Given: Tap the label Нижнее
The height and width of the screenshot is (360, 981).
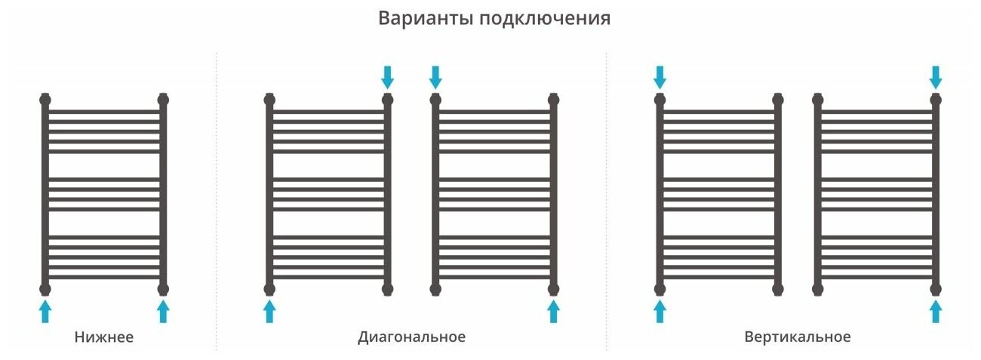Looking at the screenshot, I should [104, 337].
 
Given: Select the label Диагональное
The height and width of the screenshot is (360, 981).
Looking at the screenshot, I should [411, 337].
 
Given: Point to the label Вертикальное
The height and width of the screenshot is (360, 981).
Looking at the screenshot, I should [798, 337].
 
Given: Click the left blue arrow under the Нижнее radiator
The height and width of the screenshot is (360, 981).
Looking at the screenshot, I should [45, 310].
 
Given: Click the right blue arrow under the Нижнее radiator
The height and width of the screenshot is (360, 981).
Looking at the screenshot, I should [163, 310].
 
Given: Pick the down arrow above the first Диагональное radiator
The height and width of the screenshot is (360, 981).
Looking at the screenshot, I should [388, 76].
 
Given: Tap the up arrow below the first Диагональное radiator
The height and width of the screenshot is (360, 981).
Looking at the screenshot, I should [269, 310].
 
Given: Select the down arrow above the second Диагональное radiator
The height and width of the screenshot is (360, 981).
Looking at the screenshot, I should [435, 76].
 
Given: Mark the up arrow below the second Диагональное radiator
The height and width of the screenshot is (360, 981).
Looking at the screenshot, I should [554, 310].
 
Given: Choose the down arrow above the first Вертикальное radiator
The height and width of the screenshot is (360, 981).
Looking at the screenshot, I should [660, 76].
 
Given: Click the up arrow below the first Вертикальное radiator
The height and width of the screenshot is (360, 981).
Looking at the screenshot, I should [660, 310].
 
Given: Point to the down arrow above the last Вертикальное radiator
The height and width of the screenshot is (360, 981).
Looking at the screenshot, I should [936, 76].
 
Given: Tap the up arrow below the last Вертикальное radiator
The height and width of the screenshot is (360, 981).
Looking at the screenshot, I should [936, 310].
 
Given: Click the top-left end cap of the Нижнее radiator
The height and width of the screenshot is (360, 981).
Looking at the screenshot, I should [45, 99].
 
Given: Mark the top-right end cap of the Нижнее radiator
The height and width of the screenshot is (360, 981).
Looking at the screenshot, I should [163, 99].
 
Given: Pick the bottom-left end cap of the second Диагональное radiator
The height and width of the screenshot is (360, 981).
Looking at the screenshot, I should [435, 288].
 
